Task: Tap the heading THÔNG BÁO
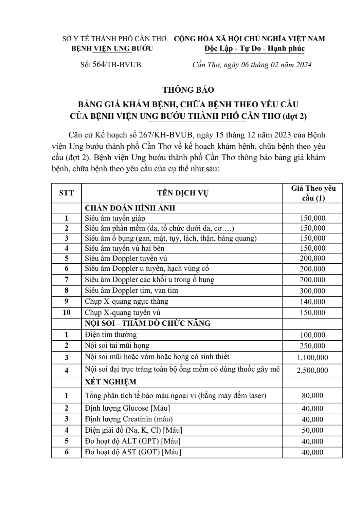(x=188, y=90)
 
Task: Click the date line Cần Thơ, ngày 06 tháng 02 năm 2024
(x=252, y=64)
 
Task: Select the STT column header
(x=66, y=193)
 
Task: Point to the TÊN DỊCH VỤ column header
(x=183, y=193)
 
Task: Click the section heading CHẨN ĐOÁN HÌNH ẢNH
(x=130, y=208)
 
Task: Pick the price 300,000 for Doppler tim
(x=312, y=291)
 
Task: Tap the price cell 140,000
(x=312, y=302)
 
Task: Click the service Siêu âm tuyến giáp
(x=115, y=218)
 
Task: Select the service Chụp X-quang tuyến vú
(x=123, y=312)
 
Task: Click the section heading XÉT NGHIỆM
(x=110, y=382)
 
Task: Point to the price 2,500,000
(x=312, y=370)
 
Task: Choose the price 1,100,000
(x=312, y=357)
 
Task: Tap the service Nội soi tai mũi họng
(x=117, y=345)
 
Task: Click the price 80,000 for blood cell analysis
(x=312, y=395)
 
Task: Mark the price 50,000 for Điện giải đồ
(x=312, y=430)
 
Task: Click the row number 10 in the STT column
(x=67, y=312)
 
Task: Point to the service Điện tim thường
(x=111, y=335)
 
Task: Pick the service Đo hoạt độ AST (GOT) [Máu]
(x=133, y=452)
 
